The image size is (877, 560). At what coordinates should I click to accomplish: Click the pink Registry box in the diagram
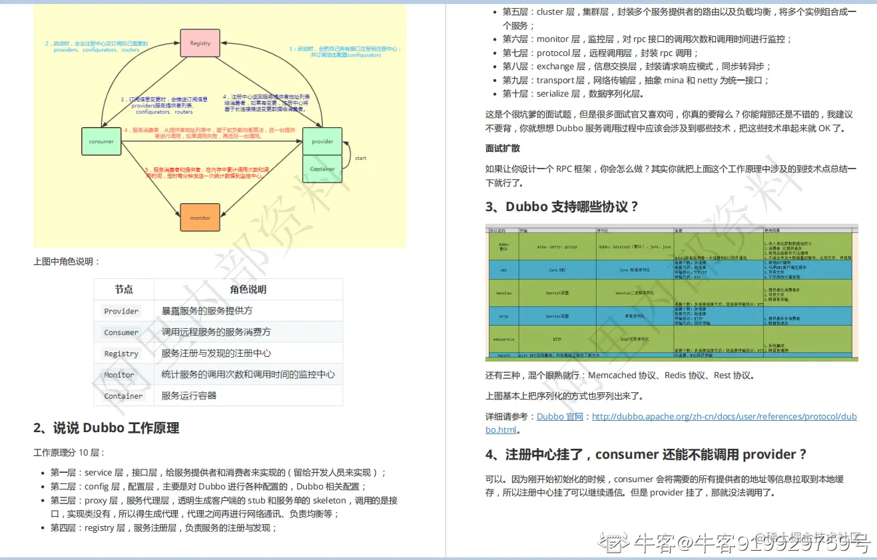200,43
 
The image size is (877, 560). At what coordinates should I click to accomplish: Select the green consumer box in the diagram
101,141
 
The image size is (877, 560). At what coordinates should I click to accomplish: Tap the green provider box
322,141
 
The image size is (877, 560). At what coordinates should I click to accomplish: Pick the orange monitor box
200,218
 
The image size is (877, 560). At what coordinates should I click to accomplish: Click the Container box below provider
322,168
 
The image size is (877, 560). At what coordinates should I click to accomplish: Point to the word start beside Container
360,158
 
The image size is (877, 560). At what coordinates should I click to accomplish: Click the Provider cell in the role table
121,311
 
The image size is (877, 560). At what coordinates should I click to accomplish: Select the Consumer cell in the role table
121,332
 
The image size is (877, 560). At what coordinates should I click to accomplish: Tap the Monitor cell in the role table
119,375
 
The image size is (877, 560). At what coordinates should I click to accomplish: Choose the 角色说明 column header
248,290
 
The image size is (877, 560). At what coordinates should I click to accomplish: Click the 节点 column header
124,290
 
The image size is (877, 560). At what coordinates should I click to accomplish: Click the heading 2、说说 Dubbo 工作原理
107,427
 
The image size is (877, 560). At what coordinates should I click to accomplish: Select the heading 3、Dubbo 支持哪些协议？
562,206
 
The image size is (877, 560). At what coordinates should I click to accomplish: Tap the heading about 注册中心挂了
646,454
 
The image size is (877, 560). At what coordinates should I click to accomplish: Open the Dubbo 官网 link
559,416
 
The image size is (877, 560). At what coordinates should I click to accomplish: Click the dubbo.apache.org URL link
724,417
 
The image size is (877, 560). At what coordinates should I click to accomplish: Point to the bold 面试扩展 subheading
503,148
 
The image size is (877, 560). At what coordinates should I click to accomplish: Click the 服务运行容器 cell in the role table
189,396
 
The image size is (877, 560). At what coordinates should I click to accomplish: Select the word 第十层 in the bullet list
515,94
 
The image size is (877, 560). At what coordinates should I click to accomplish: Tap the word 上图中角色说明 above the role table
67,262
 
